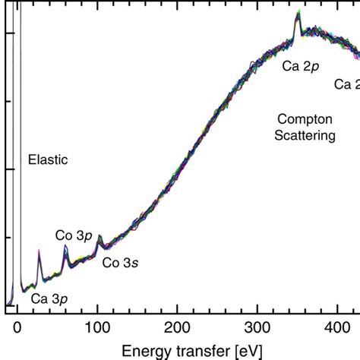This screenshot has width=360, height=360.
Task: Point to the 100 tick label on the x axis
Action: [97, 327]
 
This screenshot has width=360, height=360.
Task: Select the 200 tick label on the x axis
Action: [178, 327]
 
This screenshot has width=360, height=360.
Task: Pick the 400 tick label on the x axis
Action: [338, 327]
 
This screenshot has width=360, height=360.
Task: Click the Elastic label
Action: [48, 160]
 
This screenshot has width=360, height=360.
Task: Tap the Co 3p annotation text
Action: [74, 235]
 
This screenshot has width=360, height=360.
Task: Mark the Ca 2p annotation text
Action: [302, 66]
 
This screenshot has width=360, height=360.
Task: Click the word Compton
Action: [305, 119]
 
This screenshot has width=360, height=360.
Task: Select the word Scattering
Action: [305, 136]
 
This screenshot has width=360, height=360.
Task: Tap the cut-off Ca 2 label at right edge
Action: [347, 84]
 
